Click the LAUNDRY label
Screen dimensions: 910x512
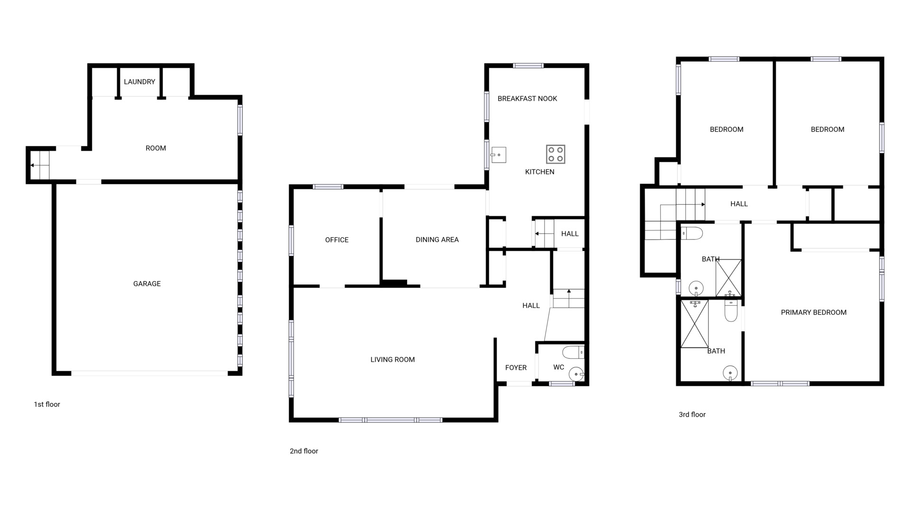[x=139, y=82]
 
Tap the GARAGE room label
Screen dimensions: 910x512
[x=147, y=283]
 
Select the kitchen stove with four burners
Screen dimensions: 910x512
[x=555, y=154]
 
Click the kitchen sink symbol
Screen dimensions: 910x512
[x=498, y=155]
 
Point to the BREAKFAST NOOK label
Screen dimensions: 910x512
[x=527, y=99]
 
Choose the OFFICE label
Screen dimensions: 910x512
[x=337, y=240]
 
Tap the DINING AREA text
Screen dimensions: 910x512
[x=437, y=240]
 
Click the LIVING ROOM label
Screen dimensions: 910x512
[x=392, y=360]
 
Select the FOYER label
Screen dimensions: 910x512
[x=516, y=367]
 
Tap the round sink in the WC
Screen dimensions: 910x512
[x=576, y=374]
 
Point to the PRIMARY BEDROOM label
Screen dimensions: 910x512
[x=813, y=312]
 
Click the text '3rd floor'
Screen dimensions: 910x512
[x=692, y=414]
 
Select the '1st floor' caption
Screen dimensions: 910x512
[x=47, y=404]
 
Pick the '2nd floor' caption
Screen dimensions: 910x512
[x=304, y=451]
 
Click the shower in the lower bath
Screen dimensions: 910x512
[x=694, y=324]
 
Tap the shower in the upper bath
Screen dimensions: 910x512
[x=728, y=278]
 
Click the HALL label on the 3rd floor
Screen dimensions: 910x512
[x=739, y=204]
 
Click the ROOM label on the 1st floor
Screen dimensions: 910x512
[x=155, y=148]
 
